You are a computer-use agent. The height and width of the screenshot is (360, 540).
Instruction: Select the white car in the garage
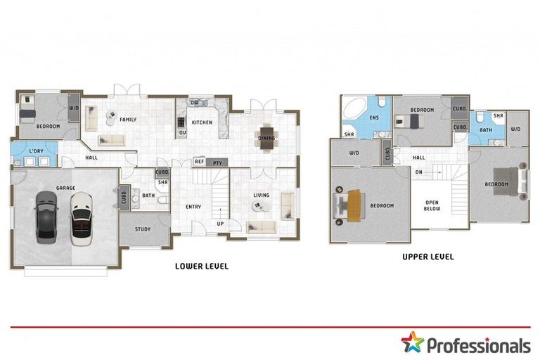pyautogui.click(x=79, y=218)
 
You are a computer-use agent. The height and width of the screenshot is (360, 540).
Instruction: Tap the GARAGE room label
pyautogui.click(x=66, y=188)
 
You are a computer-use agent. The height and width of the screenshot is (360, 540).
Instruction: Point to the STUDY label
pyautogui.click(x=143, y=229)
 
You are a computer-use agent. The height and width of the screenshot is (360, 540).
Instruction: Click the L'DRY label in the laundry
pyautogui.click(x=36, y=152)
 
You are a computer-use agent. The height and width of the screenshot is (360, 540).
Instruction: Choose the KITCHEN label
pyautogui.click(x=202, y=122)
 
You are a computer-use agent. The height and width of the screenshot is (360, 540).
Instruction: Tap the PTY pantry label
pyautogui.click(x=218, y=162)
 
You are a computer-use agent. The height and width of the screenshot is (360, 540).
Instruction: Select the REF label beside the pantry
pyautogui.click(x=199, y=162)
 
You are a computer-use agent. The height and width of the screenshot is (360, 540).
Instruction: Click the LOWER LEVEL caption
pyautogui.click(x=201, y=266)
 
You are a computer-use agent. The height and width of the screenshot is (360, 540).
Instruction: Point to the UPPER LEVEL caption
pyautogui.click(x=427, y=257)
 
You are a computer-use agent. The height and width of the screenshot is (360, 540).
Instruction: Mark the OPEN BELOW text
pyautogui.click(x=432, y=205)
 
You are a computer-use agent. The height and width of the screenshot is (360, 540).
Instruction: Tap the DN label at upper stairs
pyautogui.click(x=419, y=172)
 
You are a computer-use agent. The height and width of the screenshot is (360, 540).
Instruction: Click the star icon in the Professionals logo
pyautogui.click(x=412, y=343)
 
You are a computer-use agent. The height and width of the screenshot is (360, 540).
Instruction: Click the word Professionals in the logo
pyautogui.click(x=478, y=345)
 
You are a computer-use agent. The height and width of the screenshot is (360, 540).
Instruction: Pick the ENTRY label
pyautogui.click(x=194, y=207)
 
